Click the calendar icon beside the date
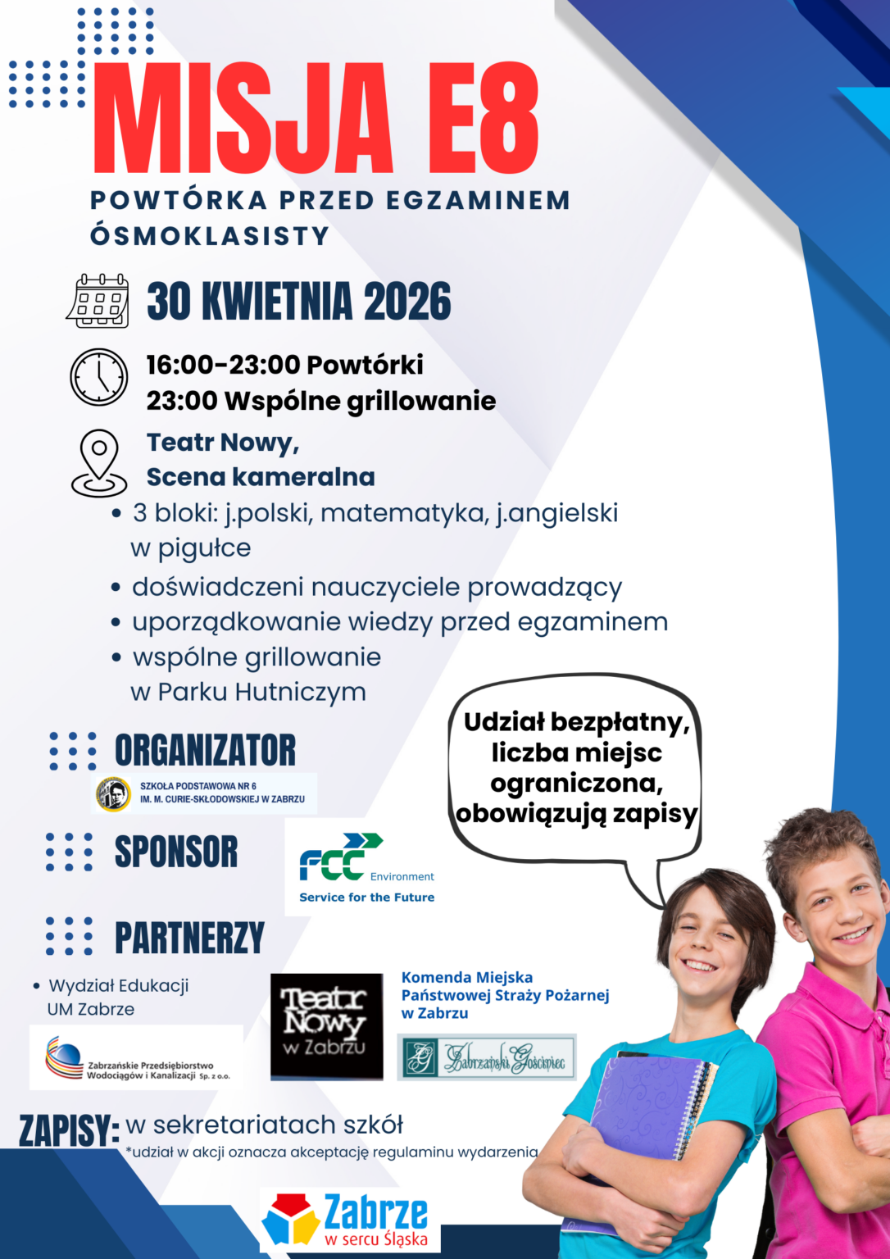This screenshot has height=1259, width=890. click(98, 301)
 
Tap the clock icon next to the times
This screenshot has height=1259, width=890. click(98, 377)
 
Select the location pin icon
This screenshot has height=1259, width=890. click(99, 463)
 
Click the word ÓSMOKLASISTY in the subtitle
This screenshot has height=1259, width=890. click(210, 236)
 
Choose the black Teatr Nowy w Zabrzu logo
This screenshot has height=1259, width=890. click(327, 1025)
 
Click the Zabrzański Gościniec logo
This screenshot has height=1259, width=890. click(487, 1057)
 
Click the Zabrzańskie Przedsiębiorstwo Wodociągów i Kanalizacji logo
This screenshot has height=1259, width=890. click(137, 1058)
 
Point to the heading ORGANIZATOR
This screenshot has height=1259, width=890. click(205, 750)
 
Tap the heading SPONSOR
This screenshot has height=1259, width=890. click(176, 852)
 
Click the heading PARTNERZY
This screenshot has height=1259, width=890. click(189, 938)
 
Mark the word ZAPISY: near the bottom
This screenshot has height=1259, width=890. click(69, 1131)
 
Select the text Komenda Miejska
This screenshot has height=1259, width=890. click(467, 977)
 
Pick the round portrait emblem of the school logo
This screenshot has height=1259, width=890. click(113, 793)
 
